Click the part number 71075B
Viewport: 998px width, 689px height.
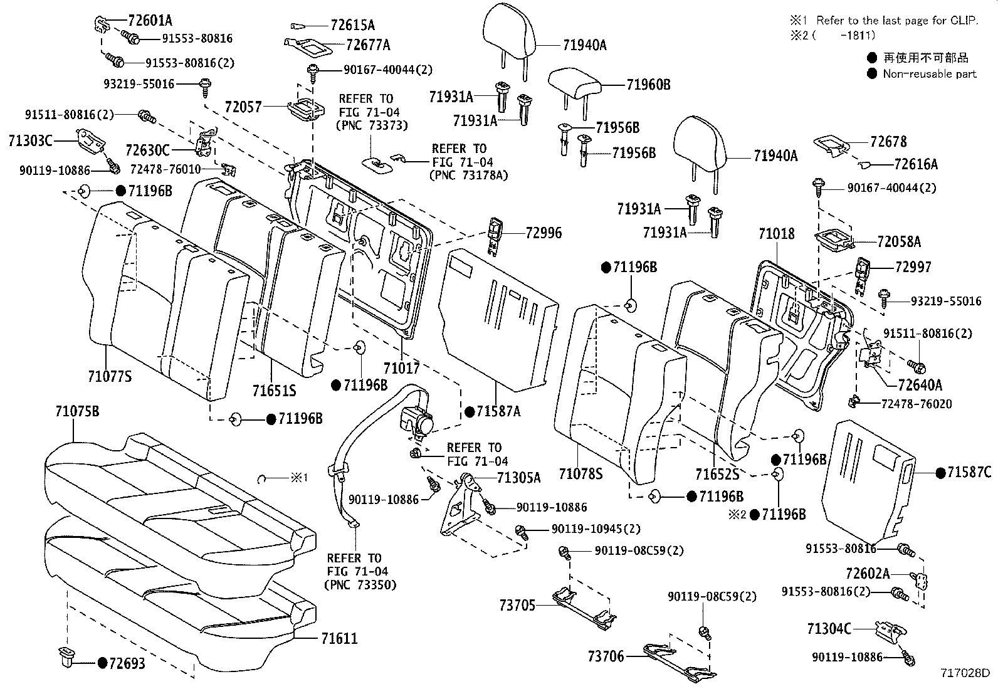pos(77,412)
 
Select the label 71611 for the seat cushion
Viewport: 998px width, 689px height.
pos(339,639)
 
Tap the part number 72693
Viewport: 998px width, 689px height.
pos(126,663)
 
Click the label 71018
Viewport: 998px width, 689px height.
pos(776,234)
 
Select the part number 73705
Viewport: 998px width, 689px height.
pos(518,606)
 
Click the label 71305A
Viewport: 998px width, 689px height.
pos(518,478)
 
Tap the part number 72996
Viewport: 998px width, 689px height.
pos(544,233)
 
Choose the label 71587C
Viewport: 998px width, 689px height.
pos(969,473)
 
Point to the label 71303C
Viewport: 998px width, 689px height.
pos(30,140)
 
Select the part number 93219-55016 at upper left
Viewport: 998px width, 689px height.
pos(139,83)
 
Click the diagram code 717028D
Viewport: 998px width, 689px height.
pos(964,673)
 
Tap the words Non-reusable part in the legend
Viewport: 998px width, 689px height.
pos(930,74)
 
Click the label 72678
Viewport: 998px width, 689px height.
pos(888,142)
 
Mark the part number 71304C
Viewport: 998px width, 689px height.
pos(829,628)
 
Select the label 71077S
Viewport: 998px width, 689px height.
pos(110,376)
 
